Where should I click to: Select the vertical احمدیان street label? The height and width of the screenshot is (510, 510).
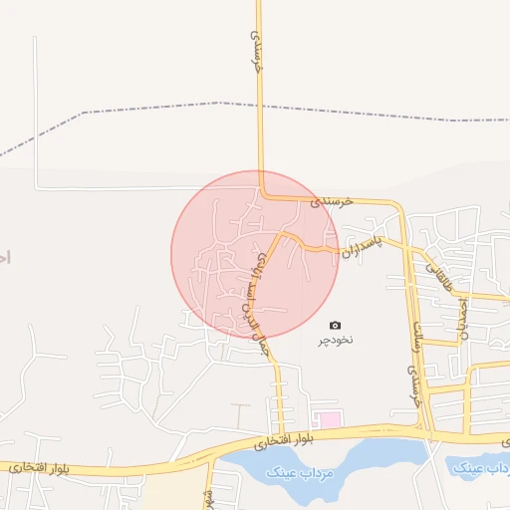pyautogui.click(x=461, y=314)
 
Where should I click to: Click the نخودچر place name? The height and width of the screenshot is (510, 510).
pyautogui.click(x=336, y=341)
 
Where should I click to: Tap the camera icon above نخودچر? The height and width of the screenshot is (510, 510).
pyautogui.click(x=335, y=325)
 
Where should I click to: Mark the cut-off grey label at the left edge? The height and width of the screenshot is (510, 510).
pyautogui.click(x=4, y=256)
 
